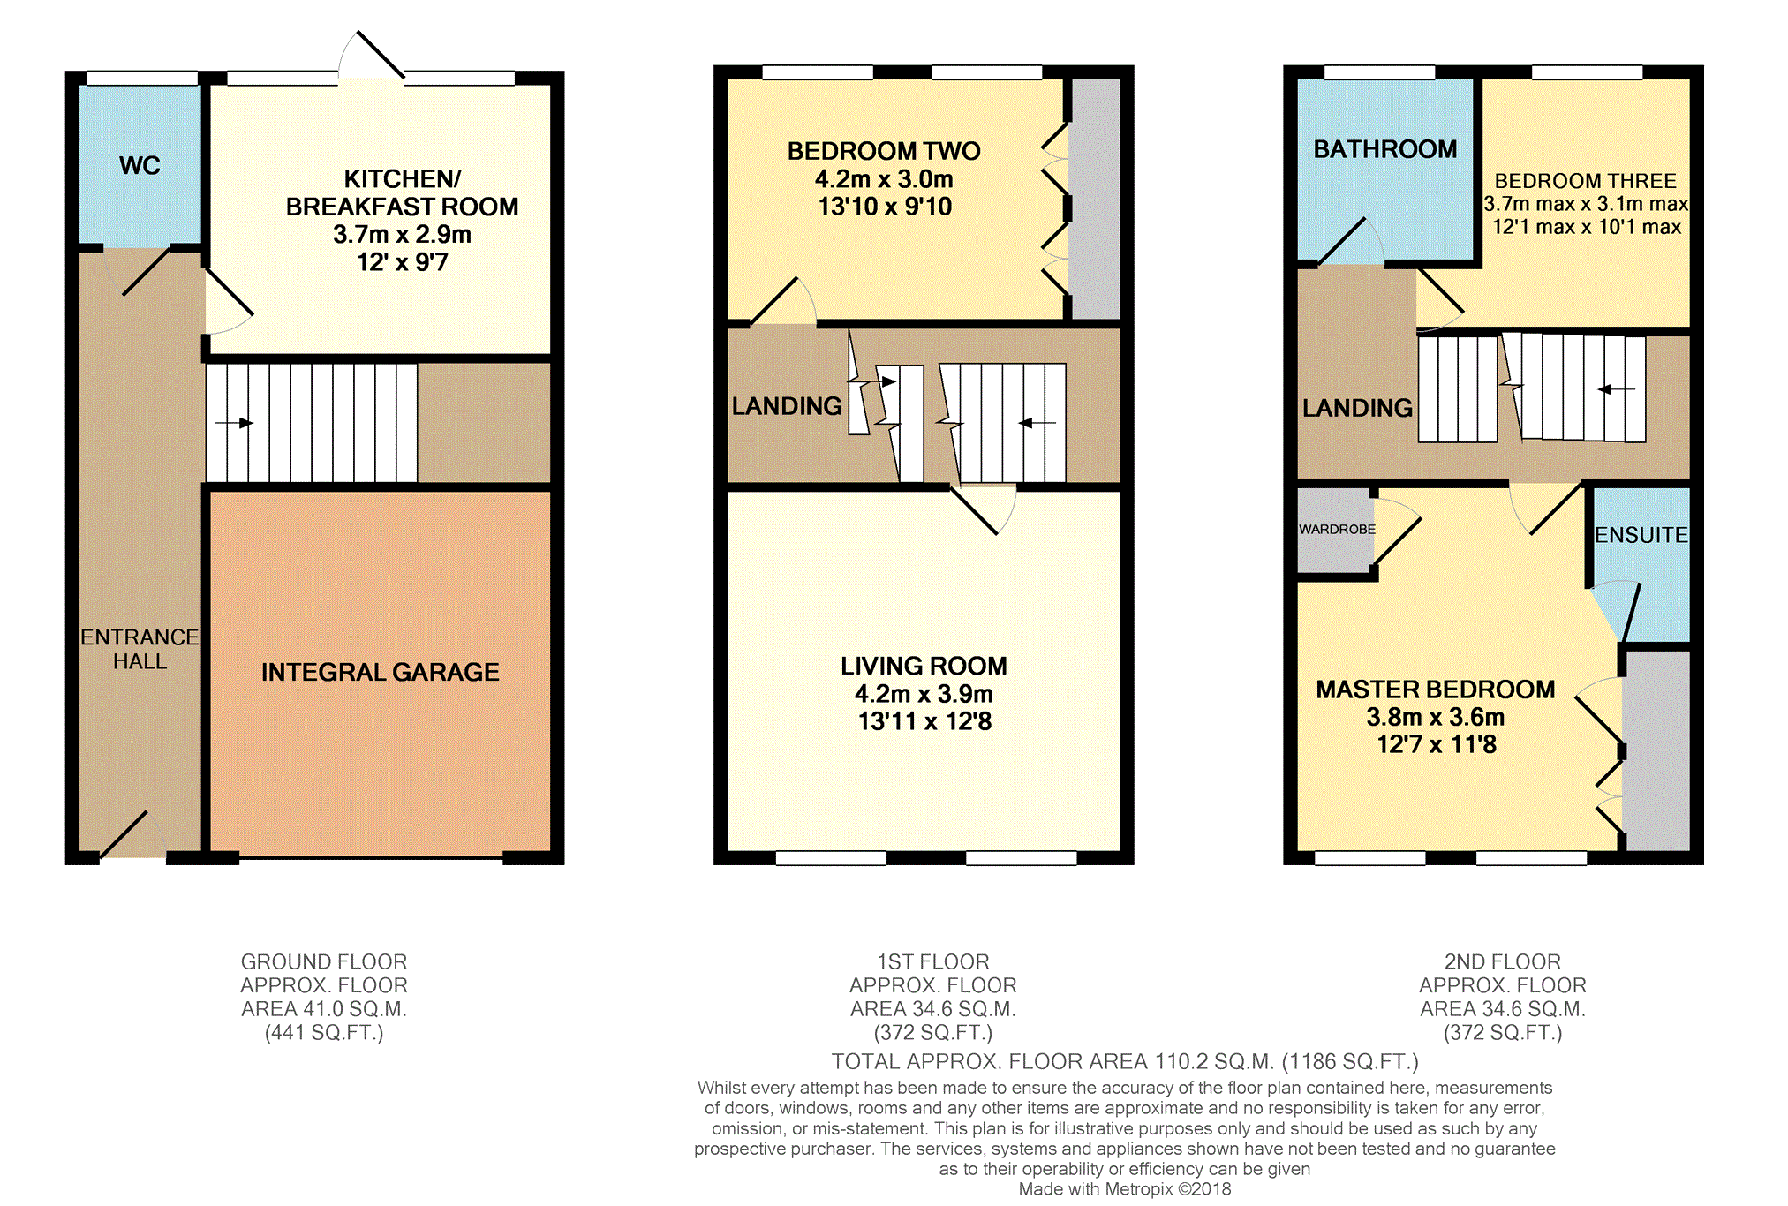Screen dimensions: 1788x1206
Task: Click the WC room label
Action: (x=140, y=165)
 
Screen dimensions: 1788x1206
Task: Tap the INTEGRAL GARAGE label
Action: (x=380, y=672)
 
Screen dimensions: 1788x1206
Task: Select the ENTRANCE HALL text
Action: (x=140, y=649)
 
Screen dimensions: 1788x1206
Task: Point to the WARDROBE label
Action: (x=1337, y=529)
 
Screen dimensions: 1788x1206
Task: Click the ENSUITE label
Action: (x=1641, y=535)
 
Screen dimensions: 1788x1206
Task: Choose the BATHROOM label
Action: (x=1385, y=149)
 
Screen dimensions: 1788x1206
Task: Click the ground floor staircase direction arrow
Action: (x=234, y=423)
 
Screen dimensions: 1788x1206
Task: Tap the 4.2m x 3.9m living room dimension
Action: (x=924, y=694)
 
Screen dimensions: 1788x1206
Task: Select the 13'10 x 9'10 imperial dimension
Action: (x=885, y=207)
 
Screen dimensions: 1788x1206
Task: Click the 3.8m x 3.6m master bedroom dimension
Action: (x=1436, y=717)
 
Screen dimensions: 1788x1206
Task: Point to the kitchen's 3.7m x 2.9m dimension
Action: (x=402, y=234)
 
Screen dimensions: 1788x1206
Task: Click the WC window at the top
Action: (x=142, y=78)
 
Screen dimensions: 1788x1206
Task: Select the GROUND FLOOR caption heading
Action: (x=324, y=961)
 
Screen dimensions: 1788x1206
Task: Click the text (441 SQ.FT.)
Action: (x=324, y=1033)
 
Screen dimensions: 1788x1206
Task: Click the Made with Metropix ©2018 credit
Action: (x=1125, y=1189)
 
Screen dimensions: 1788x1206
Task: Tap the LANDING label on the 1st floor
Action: (x=787, y=406)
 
